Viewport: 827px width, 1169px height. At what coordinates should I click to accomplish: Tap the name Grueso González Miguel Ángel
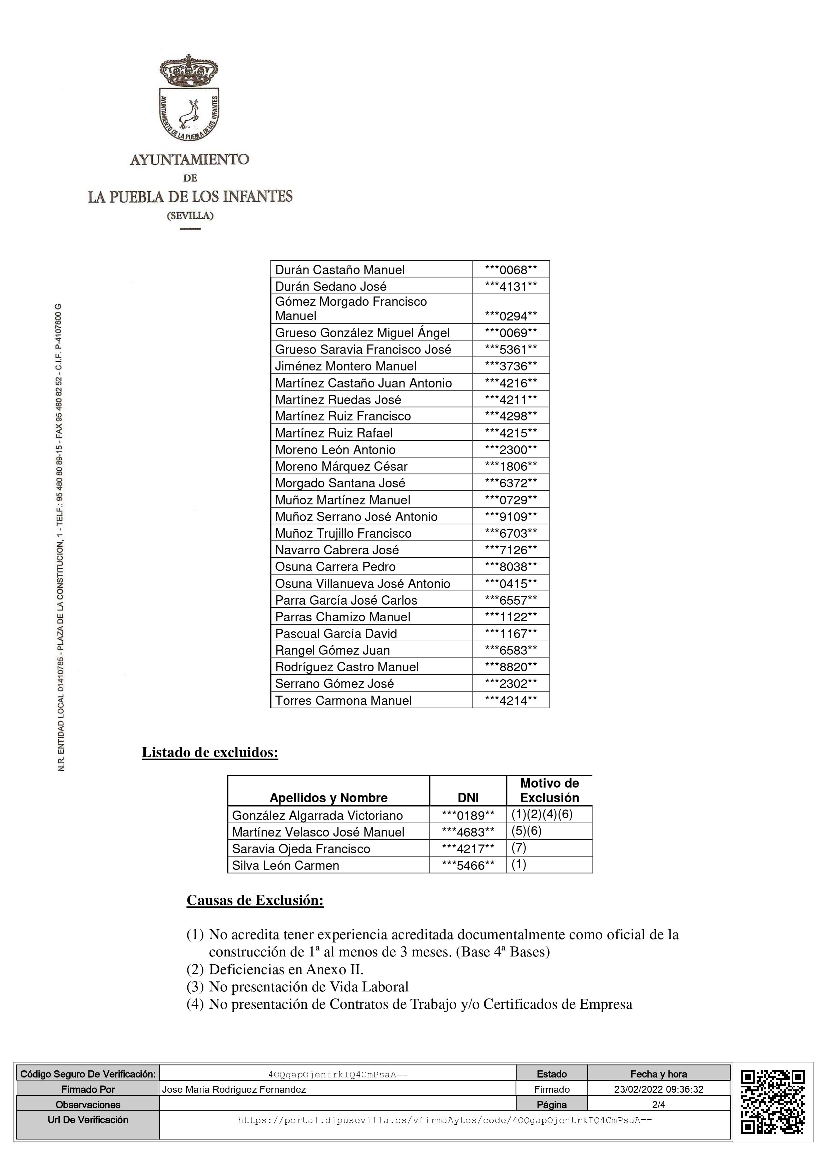click(x=362, y=333)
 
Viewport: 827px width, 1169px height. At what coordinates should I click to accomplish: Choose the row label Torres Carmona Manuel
click(x=343, y=701)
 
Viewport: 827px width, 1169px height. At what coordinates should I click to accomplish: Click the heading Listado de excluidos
click(x=210, y=753)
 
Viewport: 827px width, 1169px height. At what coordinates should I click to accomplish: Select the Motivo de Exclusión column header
click(x=549, y=790)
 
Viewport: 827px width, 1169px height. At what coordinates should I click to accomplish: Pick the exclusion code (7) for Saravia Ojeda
click(x=519, y=848)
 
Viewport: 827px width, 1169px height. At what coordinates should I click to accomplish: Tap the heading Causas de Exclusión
click(x=255, y=900)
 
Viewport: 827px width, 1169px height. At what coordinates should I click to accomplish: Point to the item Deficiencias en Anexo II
click(x=286, y=968)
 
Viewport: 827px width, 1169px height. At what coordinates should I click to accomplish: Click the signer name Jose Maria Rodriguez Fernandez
click(x=234, y=1090)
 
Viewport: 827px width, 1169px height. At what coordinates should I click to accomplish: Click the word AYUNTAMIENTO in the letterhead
click(x=189, y=160)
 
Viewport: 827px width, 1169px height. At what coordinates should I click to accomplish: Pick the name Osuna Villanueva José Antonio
click(x=362, y=583)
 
